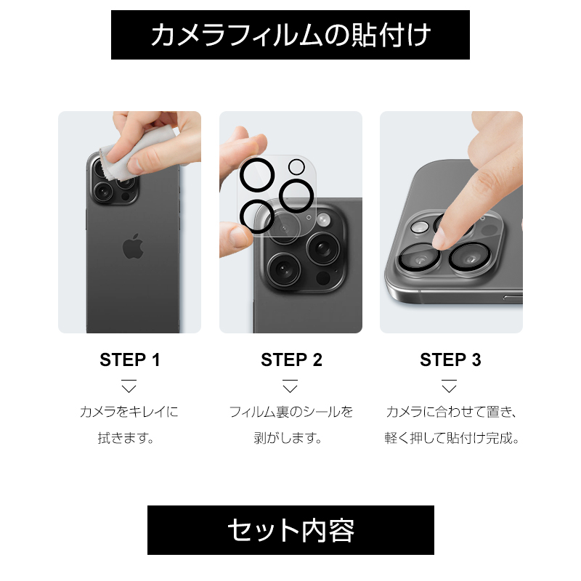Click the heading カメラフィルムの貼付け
(290, 35)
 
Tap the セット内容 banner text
(291, 530)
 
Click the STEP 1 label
(130, 359)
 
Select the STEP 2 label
(291, 359)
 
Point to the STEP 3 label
(450, 359)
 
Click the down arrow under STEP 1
(129, 386)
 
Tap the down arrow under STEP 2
(290, 386)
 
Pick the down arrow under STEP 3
(449, 386)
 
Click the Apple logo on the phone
(133, 246)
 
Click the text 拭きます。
(126, 439)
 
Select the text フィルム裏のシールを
(291, 412)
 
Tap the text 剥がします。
(288, 439)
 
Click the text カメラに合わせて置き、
(451, 412)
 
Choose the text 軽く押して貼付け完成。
(452, 439)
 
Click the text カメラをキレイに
(129, 412)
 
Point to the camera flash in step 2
(323, 220)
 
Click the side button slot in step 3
(513, 297)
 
